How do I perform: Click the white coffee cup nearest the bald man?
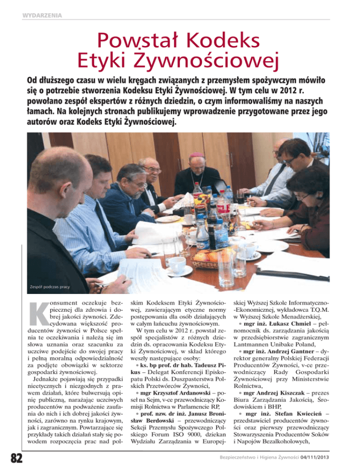(x=177, y=265)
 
